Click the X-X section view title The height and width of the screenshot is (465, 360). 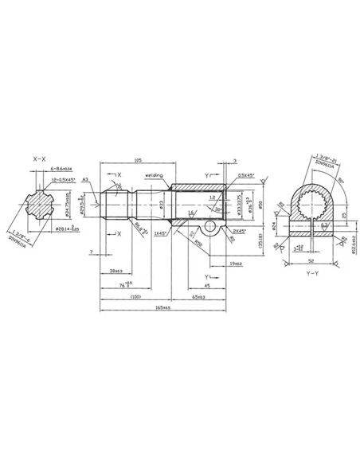pyautogui.click(x=40, y=160)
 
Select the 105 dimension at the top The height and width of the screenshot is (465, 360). pyautogui.click(x=139, y=160)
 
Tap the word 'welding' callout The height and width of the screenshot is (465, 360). pyautogui.click(x=154, y=176)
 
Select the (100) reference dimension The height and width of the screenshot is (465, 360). pyautogui.click(x=135, y=296)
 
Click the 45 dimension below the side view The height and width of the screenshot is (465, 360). pyautogui.click(x=184, y=284)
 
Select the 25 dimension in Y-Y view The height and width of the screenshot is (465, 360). pyautogui.click(x=343, y=214)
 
